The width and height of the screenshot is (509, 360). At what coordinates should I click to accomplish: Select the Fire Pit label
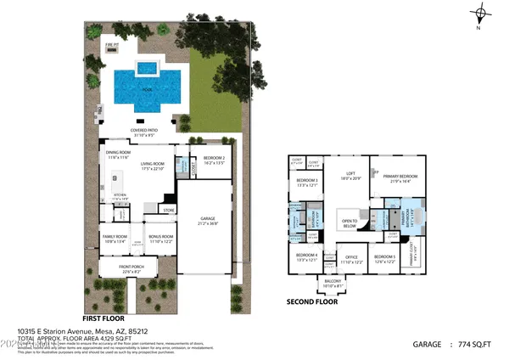click(111, 43)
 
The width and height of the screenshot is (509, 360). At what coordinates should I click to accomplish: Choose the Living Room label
click(152, 166)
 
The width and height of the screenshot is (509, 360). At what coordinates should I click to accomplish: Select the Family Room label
click(115, 238)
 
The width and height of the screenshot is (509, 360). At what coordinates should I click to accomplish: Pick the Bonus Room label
click(160, 238)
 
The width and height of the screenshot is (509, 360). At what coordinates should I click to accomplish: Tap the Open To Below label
click(349, 224)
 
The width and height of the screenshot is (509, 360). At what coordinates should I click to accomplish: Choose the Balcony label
click(333, 284)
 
